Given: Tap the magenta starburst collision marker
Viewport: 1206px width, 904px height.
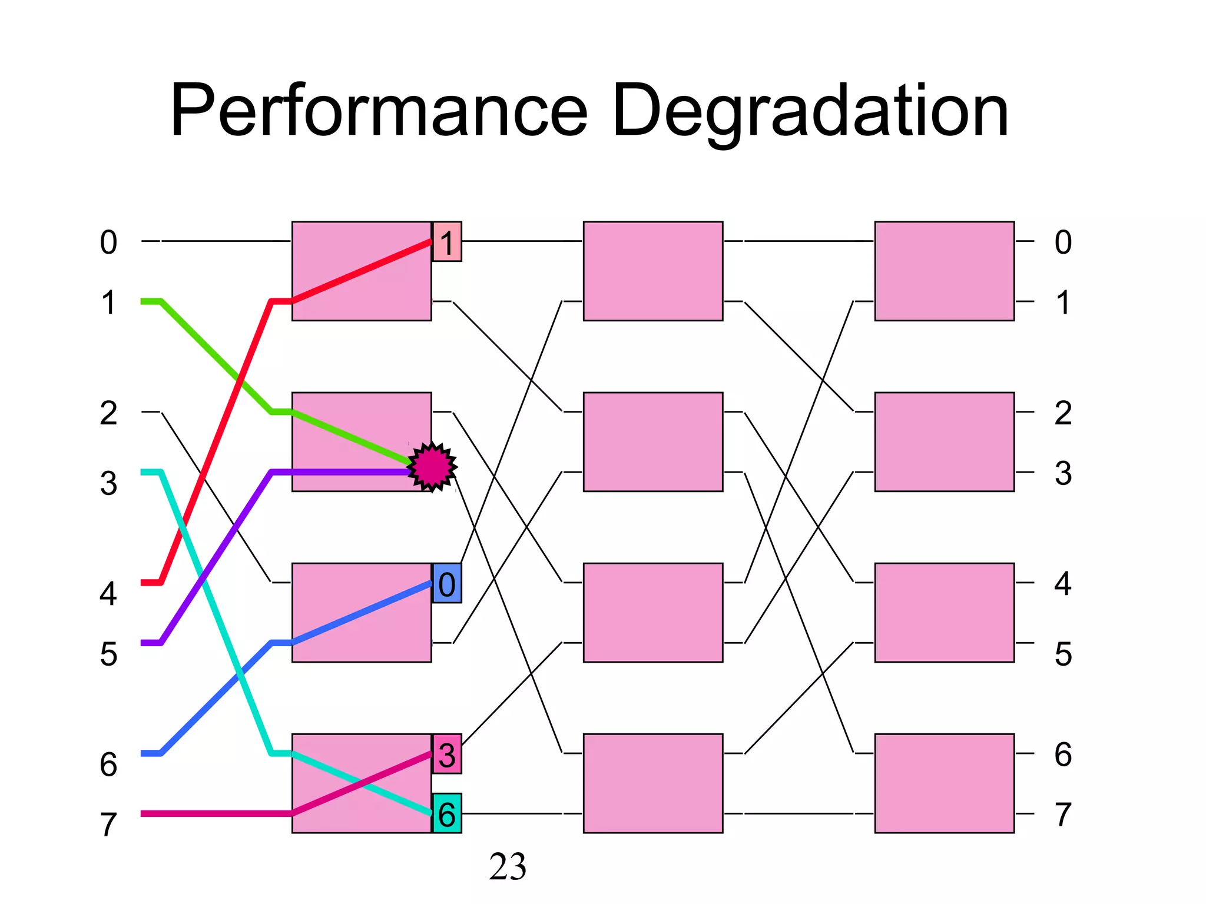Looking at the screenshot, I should tap(432, 467).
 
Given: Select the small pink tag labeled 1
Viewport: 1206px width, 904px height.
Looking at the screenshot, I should tap(447, 242).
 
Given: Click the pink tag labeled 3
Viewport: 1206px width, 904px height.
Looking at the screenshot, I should tap(447, 754).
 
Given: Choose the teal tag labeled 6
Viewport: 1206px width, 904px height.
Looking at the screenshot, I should tap(447, 813).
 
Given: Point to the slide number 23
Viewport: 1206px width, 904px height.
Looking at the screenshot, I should tap(507, 867).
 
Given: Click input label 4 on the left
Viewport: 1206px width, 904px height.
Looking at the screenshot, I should tap(108, 593).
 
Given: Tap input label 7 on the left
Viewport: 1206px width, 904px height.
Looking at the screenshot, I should tap(108, 824).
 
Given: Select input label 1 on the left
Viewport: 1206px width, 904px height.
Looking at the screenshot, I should tap(108, 303).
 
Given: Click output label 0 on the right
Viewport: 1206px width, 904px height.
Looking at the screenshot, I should tap(1063, 242).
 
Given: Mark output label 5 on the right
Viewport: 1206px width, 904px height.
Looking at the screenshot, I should tap(1063, 653).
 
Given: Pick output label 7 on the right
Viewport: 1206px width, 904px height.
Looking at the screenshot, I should tap(1063, 815).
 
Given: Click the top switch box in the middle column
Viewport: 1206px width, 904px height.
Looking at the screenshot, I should tap(652, 271).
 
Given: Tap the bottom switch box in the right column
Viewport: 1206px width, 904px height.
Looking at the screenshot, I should tap(944, 783).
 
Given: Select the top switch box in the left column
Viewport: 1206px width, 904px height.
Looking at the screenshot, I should tap(362, 271).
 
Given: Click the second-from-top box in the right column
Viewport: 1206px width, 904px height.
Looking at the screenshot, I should tap(944, 442).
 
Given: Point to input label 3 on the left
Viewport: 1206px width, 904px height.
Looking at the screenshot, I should tap(108, 483).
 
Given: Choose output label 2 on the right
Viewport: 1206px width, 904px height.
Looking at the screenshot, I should tap(1063, 413).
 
